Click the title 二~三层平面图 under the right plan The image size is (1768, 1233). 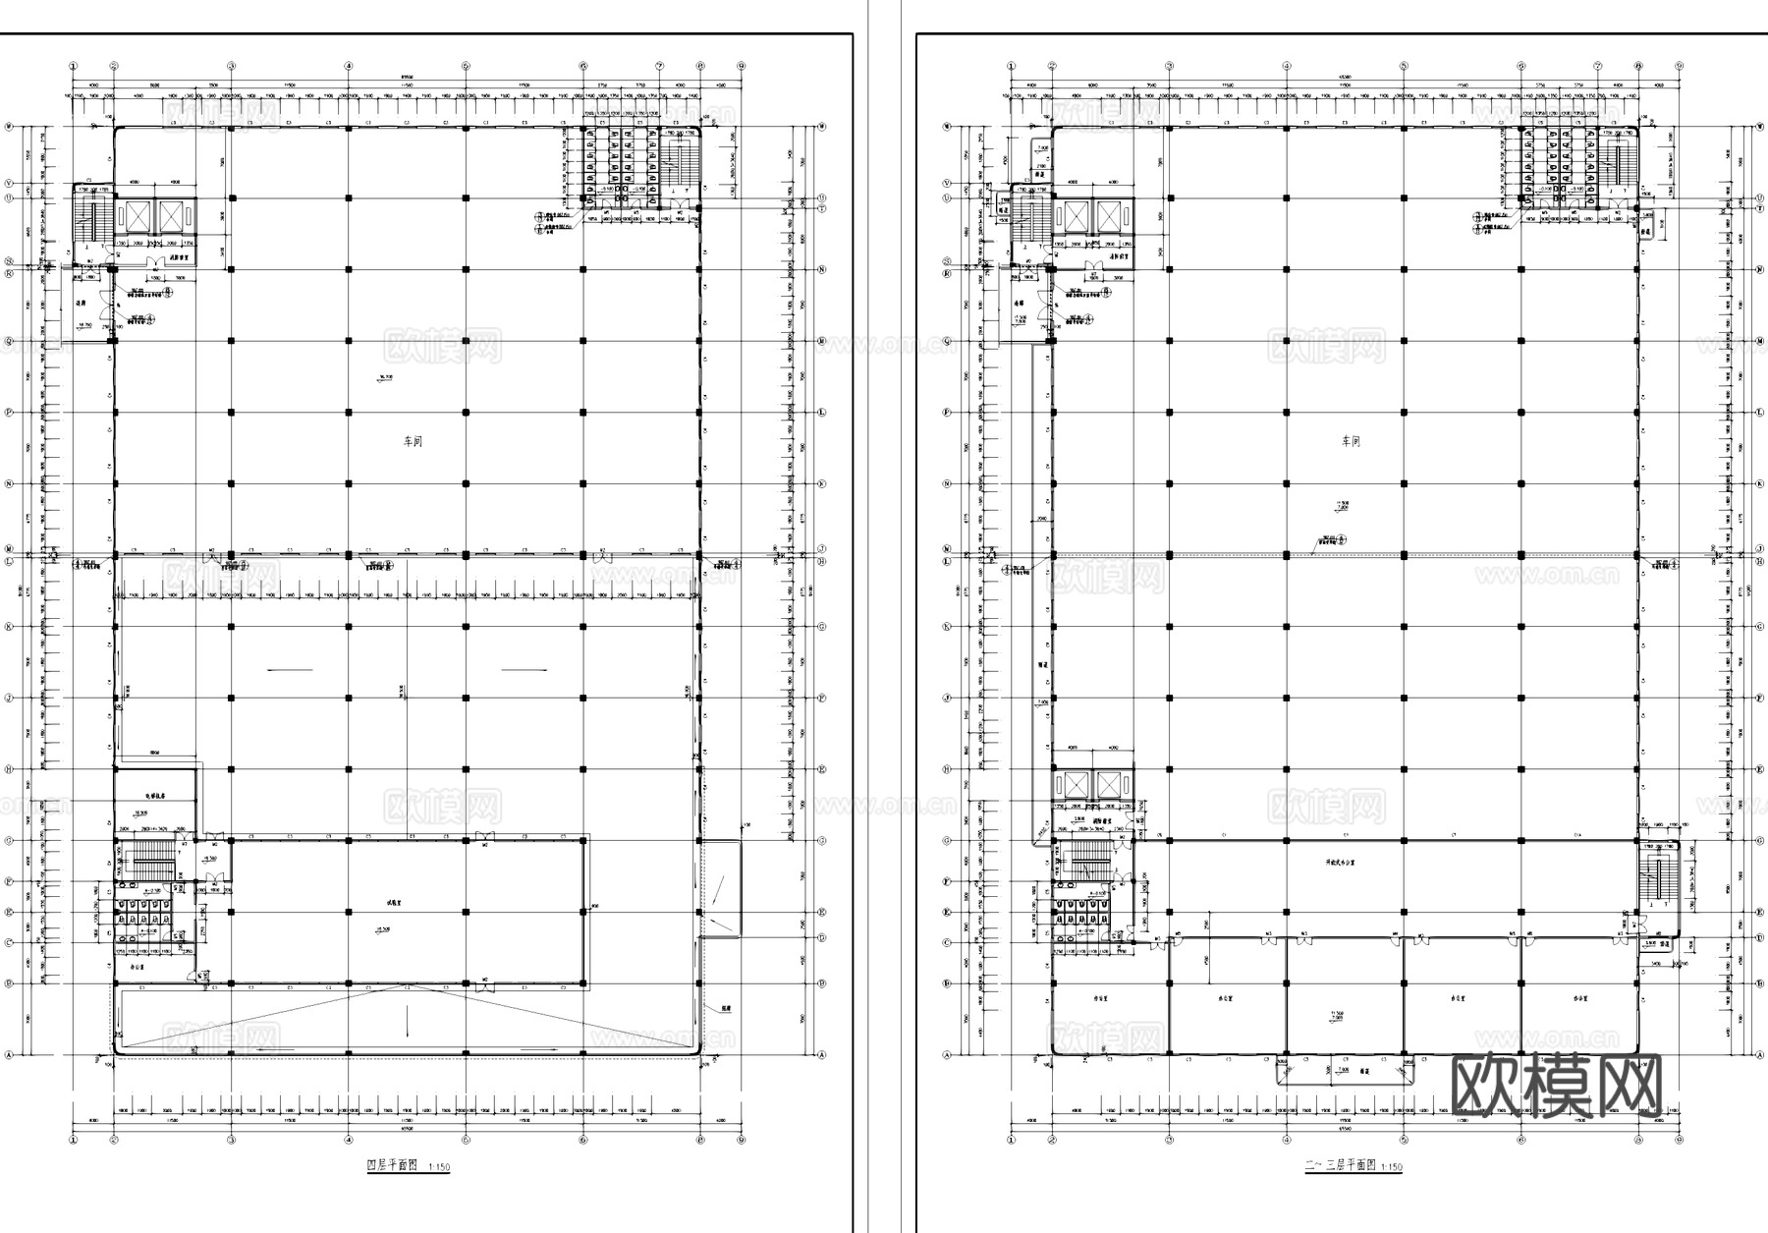(x=1340, y=1166)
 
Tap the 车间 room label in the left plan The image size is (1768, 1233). (x=413, y=442)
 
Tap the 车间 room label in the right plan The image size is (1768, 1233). (x=1352, y=442)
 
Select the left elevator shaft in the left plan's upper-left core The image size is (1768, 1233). (x=135, y=216)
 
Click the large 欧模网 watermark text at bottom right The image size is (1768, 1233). (x=1558, y=1087)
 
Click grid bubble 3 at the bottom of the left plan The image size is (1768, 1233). (x=231, y=1141)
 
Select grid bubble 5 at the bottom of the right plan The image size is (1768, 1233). (x=1404, y=1141)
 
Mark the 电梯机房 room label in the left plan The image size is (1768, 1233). (x=155, y=796)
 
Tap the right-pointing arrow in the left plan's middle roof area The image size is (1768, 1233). (x=525, y=670)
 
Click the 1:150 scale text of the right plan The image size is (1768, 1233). (x=1392, y=1167)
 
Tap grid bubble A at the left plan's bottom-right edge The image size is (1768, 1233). (x=820, y=1054)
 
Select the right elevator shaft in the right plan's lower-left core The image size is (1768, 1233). (x=1109, y=784)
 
